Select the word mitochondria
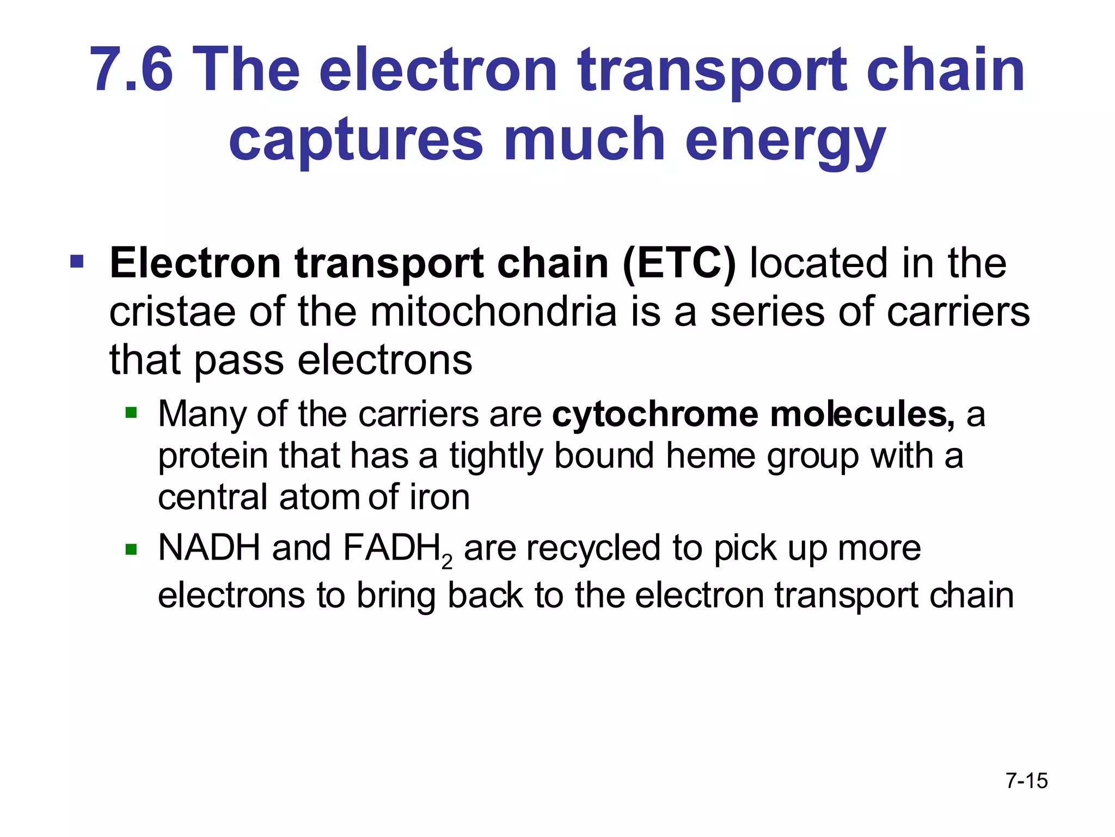(494, 312)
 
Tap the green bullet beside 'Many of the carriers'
(131, 413)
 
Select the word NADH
(209, 548)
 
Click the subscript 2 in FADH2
(447, 562)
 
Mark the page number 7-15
(1027, 781)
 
